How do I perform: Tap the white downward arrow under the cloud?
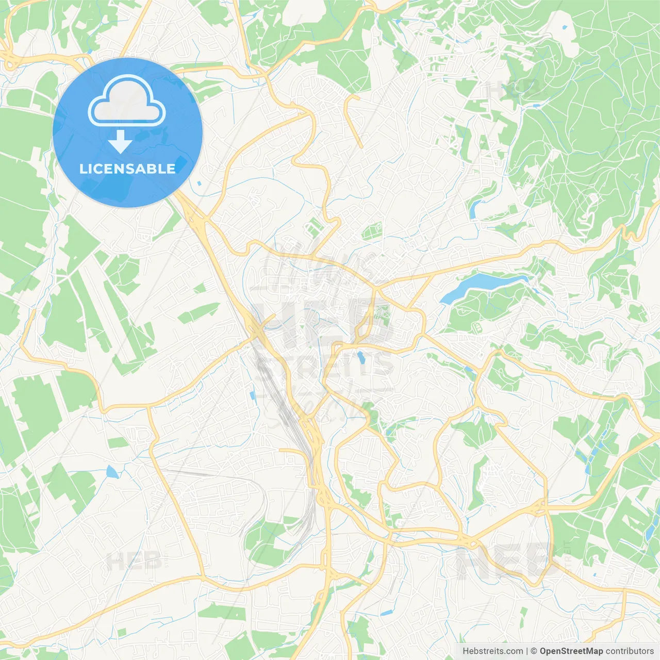(x=120, y=142)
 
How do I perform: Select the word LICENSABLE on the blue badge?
(x=127, y=169)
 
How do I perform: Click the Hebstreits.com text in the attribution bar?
(x=492, y=651)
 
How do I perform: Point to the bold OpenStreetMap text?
(x=571, y=651)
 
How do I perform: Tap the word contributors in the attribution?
(x=629, y=651)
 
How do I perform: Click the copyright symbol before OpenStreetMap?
(x=534, y=651)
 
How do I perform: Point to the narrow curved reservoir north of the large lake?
(x=474, y=207)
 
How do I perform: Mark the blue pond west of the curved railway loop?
(x=111, y=472)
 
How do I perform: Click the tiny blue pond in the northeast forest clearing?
(x=565, y=26)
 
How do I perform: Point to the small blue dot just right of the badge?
(x=199, y=183)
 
